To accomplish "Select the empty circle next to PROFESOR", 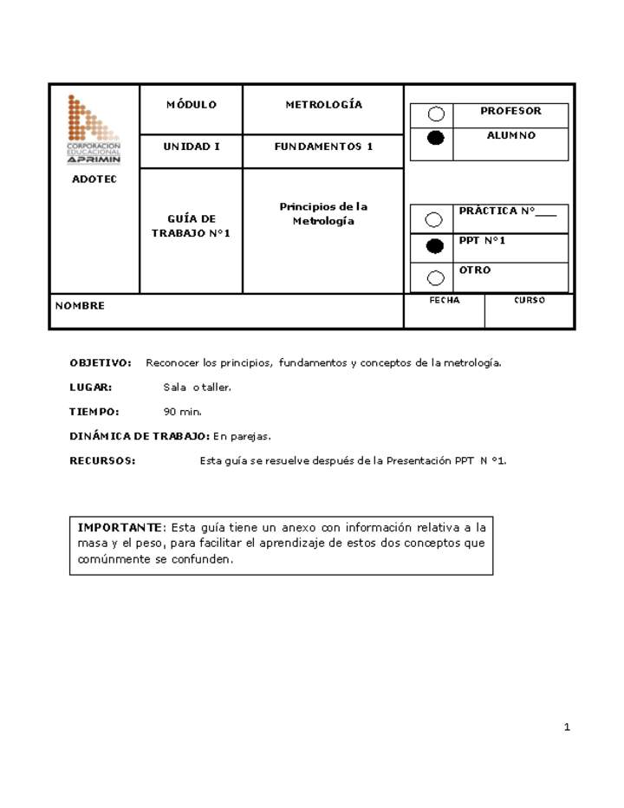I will (437, 114).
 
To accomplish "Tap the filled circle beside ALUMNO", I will (437, 138).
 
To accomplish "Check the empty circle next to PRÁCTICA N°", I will (435, 220).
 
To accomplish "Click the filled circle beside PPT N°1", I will (435, 247).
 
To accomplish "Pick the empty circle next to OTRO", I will (435, 278).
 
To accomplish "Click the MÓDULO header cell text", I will (191, 105).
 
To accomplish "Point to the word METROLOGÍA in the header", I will (323, 105).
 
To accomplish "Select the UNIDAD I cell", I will (191, 147).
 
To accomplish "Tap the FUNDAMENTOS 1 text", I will (323, 147).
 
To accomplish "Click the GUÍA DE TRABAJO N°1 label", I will (191, 226).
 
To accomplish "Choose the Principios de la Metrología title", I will (323, 214).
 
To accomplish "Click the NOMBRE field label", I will (80, 306).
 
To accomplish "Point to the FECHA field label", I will (445, 301).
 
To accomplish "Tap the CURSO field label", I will (530, 301).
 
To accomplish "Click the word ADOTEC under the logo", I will (94, 179).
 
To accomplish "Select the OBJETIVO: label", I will (101, 363).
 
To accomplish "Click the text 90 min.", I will (183, 412).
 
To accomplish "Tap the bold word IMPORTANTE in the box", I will (120, 527).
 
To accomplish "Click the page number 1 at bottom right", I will (567, 727).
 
